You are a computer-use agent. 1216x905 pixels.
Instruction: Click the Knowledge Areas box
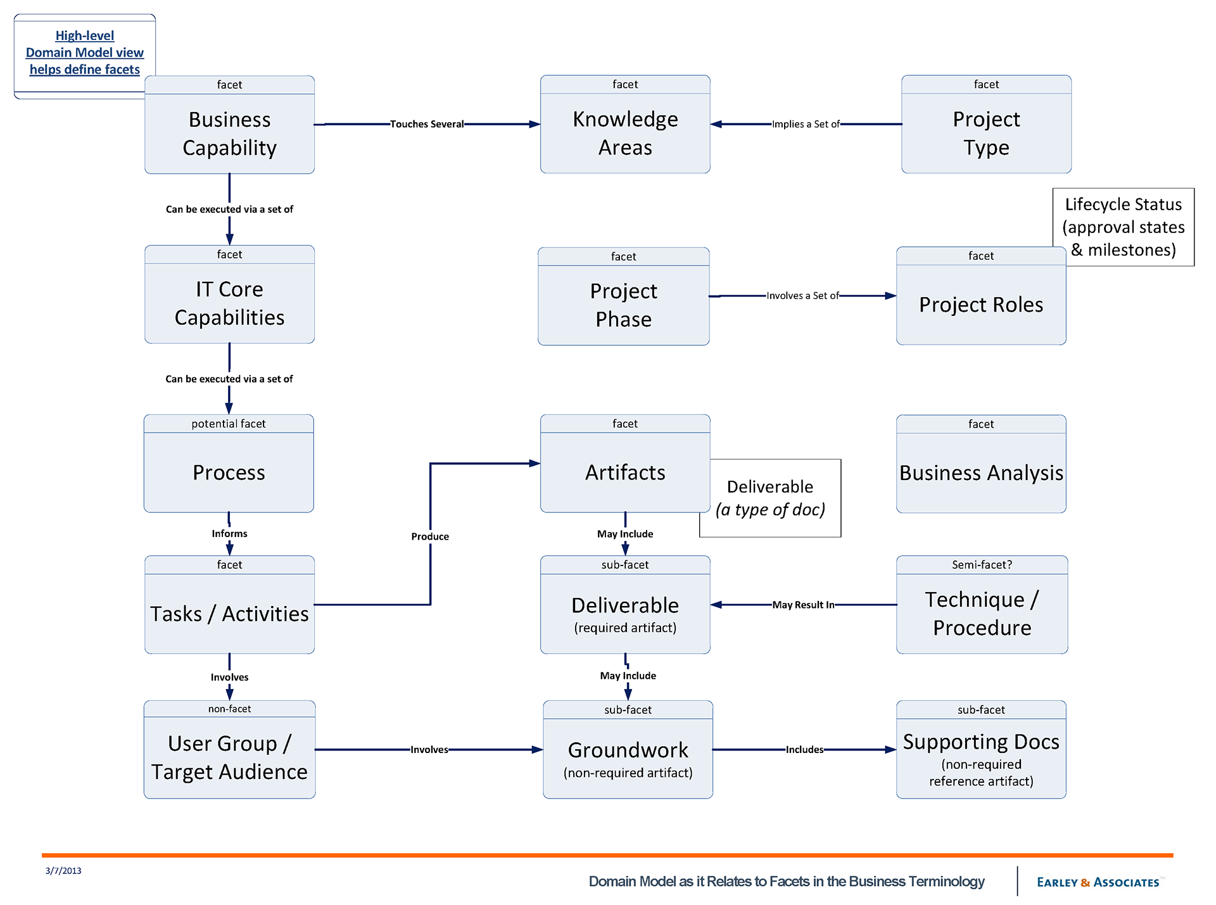pos(624,133)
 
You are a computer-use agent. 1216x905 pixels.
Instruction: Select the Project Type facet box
pos(985,133)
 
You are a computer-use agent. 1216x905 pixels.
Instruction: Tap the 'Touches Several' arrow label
pos(426,124)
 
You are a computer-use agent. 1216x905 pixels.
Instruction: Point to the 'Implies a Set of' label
pos(806,124)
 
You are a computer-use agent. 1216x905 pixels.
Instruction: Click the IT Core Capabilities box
pos(229,303)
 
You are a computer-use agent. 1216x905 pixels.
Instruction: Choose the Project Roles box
pos(980,305)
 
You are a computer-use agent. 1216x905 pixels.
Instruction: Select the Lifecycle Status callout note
pos(1123,227)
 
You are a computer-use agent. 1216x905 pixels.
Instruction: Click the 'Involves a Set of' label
pos(802,296)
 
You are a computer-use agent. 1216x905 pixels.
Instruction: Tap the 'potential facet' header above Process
pos(229,424)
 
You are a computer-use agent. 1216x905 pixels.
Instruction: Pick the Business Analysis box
pos(980,472)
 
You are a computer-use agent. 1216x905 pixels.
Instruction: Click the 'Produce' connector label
pos(430,536)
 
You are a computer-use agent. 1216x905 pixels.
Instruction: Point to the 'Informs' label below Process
pos(229,534)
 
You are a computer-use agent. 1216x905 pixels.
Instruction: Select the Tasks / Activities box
pos(229,613)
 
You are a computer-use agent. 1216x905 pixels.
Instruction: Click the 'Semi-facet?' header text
pos(982,565)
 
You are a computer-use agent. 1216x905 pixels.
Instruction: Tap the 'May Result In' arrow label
pos(803,605)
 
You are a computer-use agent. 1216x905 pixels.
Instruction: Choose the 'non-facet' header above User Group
pos(229,709)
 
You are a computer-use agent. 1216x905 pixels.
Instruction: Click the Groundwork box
pos(628,757)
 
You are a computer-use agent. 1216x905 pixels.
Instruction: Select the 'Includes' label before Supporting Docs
pos(804,750)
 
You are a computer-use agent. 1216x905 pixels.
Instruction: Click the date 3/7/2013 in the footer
pos(63,871)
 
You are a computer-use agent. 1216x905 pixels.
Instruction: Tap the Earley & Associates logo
pos(1098,882)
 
